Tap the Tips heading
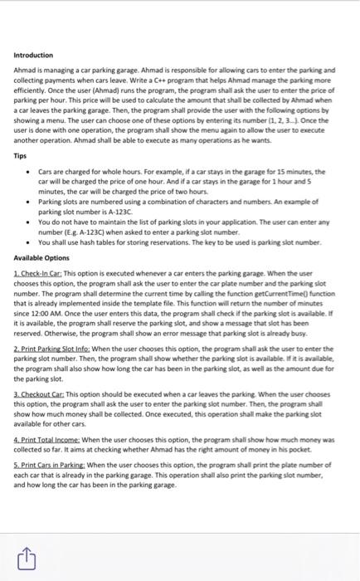[x=21, y=155]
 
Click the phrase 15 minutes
[x=306, y=171]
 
